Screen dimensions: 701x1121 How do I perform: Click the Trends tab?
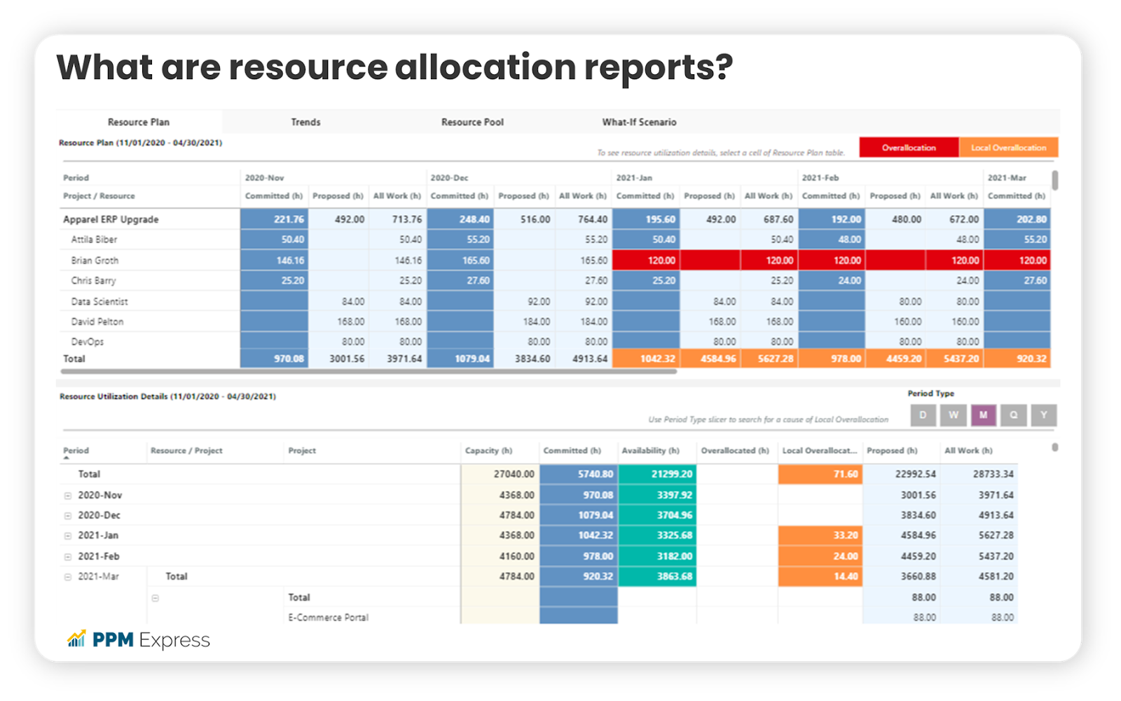tap(305, 122)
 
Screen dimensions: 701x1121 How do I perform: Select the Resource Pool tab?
tap(472, 122)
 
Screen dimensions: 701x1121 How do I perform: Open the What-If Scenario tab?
tap(639, 122)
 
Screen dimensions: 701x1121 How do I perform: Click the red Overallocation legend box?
tap(909, 147)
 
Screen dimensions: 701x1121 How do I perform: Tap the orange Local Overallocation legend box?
tap(1008, 147)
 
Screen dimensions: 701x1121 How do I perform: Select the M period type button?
tap(983, 415)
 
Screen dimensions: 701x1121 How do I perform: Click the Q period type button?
tap(1013, 415)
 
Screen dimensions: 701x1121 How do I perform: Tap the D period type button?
tap(923, 415)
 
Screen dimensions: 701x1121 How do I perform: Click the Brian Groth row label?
tap(95, 261)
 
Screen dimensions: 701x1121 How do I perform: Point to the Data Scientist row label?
tap(99, 302)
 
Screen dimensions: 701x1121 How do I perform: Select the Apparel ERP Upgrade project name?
tap(111, 219)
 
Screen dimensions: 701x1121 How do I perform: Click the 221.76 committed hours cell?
tap(275, 219)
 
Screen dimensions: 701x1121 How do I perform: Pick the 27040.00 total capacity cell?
tap(500, 474)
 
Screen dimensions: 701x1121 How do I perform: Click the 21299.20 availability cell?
tap(656, 474)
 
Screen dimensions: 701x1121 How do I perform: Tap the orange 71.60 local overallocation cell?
tap(820, 474)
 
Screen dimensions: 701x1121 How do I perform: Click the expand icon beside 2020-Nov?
tap(68, 495)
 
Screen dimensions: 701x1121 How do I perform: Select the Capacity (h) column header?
tap(488, 450)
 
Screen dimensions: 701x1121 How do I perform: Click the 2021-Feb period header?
tap(820, 178)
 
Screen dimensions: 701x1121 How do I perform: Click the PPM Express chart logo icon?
tap(76, 639)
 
